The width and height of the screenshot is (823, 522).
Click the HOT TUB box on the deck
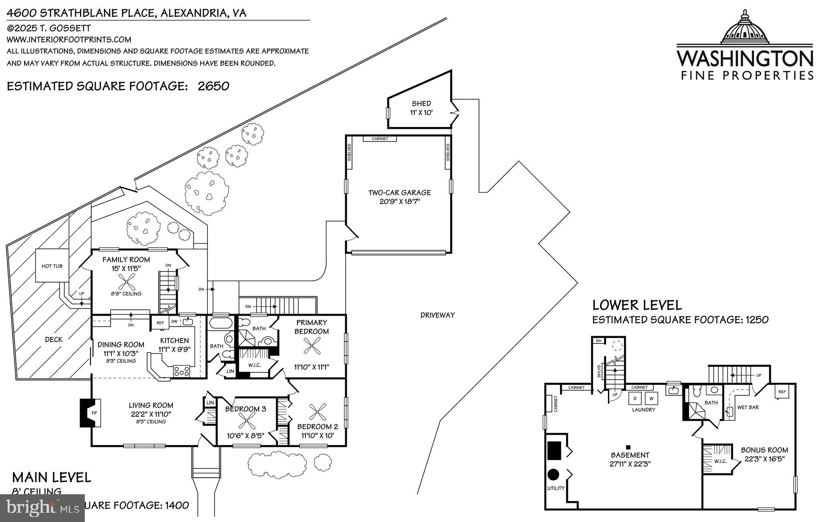tap(52, 266)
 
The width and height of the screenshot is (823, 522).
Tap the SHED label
tap(421, 103)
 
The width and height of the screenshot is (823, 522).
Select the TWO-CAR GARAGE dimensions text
tap(399, 201)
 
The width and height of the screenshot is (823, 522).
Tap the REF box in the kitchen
tap(160, 323)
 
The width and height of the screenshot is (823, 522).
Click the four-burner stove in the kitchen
tap(182, 371)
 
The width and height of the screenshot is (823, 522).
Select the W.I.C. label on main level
tap(254, 365)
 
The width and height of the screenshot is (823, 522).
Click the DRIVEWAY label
tap(438, 315)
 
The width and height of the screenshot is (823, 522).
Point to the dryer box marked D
tap(635, 398)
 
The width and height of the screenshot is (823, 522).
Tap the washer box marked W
tap(651, 398)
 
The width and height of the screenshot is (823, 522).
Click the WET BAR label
tap(748, 407)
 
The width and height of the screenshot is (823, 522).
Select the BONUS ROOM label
tap(764, 450)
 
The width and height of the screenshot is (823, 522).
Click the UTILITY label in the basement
tap(556, 488)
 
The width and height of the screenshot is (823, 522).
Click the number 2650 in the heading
tap(213, 86)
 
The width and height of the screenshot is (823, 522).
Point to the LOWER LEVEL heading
tap(637, 305)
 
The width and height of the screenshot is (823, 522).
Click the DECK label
tap(53, 339)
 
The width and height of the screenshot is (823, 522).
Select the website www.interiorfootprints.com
tap(69, 39)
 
